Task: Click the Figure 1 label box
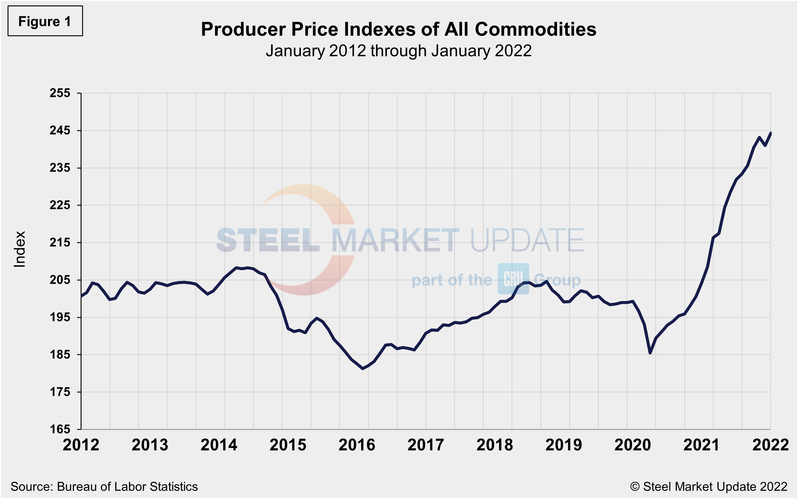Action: [x=45, y=21]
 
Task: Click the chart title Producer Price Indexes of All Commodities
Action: [x=398, y=29]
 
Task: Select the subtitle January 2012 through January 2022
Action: [x=398, y=51]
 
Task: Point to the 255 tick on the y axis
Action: [x=60, y=93]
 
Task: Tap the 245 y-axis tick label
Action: [x=60, y=131]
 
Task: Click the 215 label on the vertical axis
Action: [x=60, y=243]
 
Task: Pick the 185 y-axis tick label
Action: [x=60, y=354]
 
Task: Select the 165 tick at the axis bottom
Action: [x=60, y=429]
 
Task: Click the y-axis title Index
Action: [x=19, y=249]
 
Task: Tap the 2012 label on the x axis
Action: [x=81, y=445]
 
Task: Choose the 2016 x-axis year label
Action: [x=357, y=445]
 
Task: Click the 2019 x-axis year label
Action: [x=564, y=445]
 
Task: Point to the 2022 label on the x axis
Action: [x=770, y=445]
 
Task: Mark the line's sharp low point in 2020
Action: [x=650, y=353]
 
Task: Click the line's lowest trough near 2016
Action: [x=363, y=368]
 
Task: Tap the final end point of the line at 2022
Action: [x=770, y=133]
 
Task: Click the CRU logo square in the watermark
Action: [x=513, y=279]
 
